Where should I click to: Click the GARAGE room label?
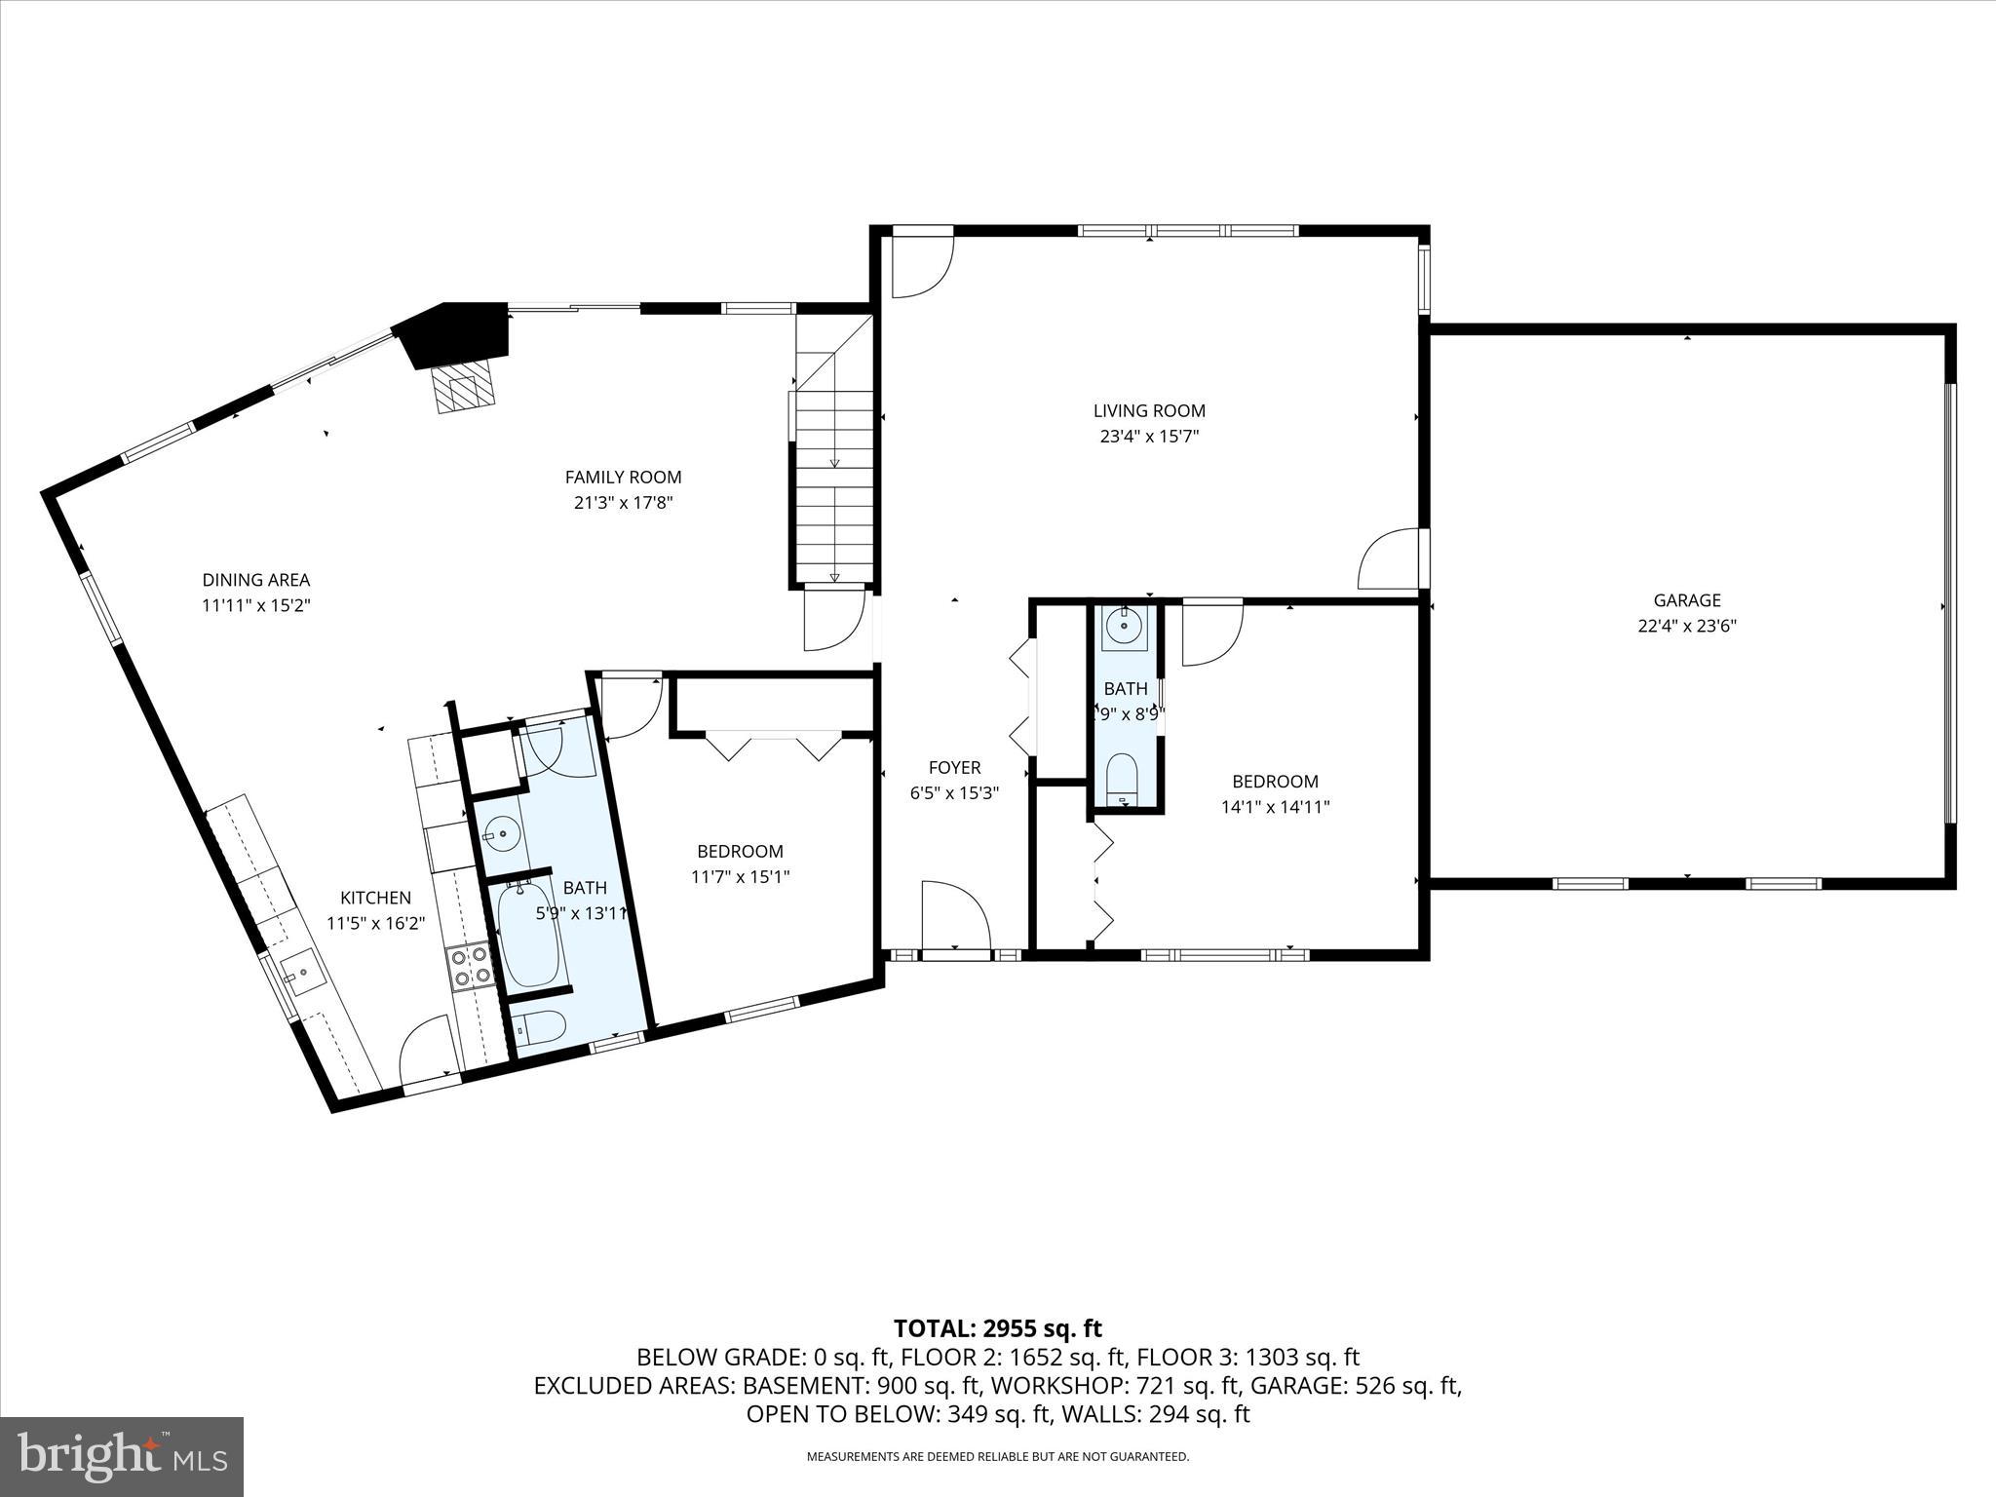pos(1686,600)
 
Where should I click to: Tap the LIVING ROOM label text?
pos(1149,411)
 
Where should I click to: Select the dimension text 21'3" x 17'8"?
pos(623,503)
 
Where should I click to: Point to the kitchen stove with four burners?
pos(469,967)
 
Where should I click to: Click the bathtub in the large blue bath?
pos(529,934)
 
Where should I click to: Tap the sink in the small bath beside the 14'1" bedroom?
pos(1124,627)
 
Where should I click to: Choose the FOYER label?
pos(954,768)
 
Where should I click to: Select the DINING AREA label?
pos(256,580)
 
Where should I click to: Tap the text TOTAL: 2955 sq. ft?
pos(997,1328)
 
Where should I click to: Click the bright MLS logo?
pos(122,1456)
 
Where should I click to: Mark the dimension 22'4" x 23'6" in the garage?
pos(1686,627)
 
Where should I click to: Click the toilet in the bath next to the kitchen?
pos(539,1027)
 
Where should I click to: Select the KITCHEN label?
pos(375,898)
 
